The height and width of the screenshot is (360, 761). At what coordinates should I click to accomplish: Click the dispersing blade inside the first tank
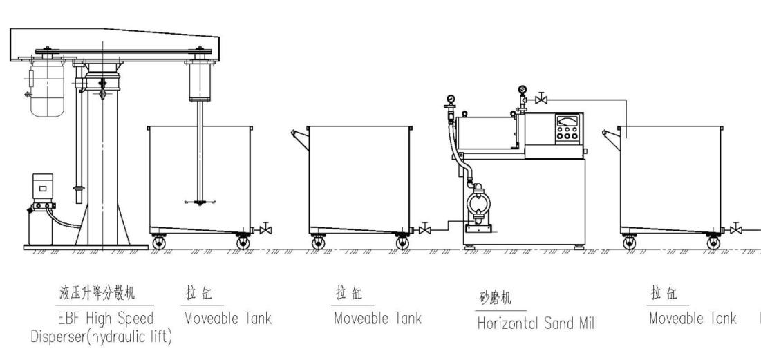[x=199, y=202]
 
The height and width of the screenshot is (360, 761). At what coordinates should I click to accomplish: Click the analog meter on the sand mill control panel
[x=565, y=122]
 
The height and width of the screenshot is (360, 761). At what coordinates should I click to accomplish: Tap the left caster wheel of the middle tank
[x=318, y=243]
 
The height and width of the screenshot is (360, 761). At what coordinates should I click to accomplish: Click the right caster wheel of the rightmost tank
[x=713, y=243]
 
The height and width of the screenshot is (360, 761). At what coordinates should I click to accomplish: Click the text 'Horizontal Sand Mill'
[x=537, y=323]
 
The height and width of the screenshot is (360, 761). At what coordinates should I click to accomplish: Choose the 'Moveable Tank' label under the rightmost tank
[x=693, y=319]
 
